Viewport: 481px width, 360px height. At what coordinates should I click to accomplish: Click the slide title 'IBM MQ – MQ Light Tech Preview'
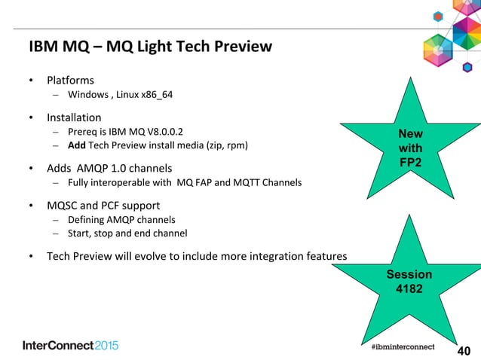[150, 47]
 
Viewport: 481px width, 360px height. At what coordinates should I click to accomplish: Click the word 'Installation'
[74, 117]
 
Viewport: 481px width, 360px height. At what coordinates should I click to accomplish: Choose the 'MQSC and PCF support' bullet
[103, 205]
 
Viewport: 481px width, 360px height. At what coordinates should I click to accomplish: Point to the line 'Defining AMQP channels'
[121, 219]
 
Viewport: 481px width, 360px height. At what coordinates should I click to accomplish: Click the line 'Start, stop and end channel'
[127, 233]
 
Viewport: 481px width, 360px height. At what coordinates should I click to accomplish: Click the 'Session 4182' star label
[409, 281]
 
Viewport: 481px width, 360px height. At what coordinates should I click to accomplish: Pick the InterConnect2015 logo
[71, 345]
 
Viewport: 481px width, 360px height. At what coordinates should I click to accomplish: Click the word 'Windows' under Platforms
[87, 95]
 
